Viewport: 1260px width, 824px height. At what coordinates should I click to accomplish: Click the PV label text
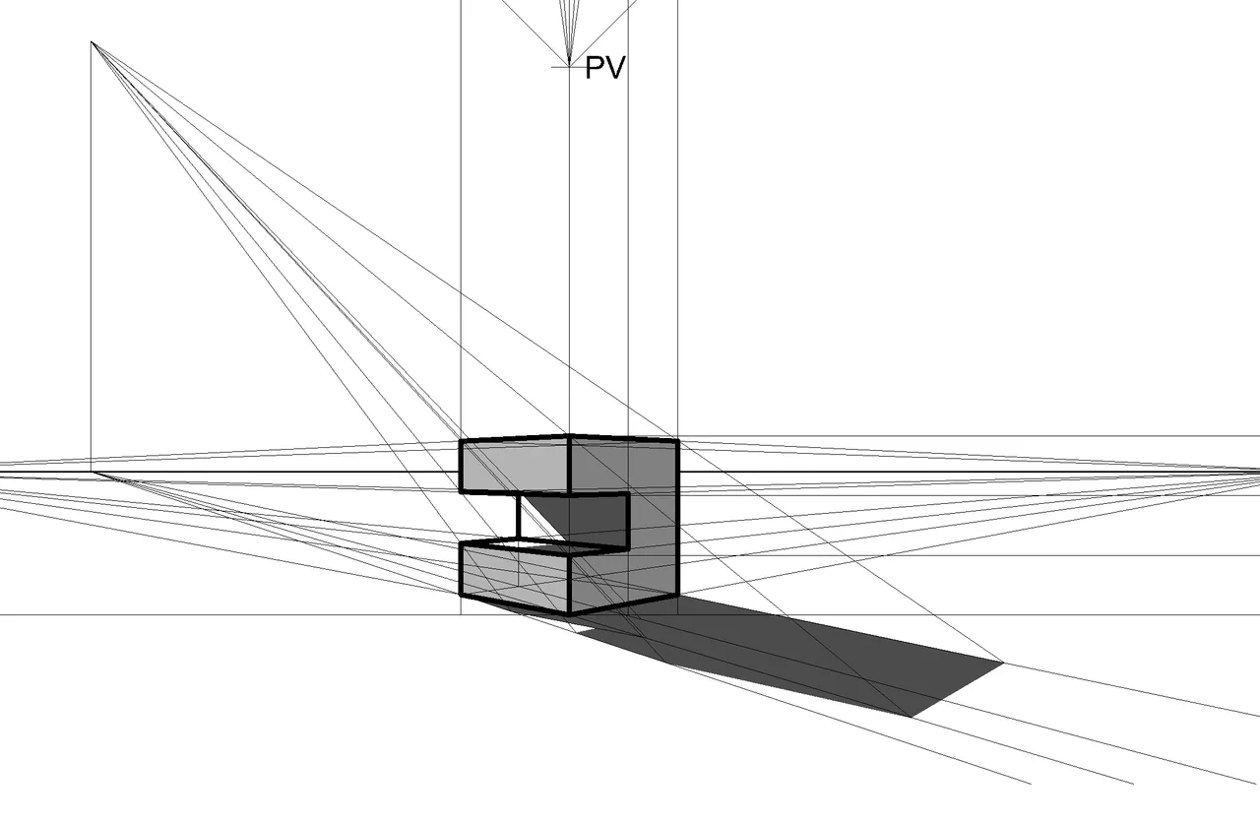(x=605, y=68)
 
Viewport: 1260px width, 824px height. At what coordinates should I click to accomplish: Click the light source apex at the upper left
(x=92, y=41)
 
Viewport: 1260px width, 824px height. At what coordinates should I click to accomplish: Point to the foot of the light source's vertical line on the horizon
(x=92, y=472)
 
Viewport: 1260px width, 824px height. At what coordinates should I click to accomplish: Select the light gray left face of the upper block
(x=515, y=466)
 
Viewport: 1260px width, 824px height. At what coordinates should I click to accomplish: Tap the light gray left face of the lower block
(x=515, y=578)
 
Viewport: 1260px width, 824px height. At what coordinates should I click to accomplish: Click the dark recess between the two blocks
(x=585, y=520)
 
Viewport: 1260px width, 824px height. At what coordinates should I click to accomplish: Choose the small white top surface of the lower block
(x=532, y=545)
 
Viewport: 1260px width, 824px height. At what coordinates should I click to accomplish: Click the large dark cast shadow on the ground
(x=787, y=653)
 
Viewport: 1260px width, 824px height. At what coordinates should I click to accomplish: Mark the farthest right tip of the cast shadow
(x=1003, y=664)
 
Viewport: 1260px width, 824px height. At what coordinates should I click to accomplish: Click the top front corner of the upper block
(x=569, y=436)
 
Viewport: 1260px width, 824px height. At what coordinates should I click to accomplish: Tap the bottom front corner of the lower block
(x=569, y=613)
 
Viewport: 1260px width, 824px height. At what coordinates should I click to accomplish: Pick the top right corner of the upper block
(x=678, y=441)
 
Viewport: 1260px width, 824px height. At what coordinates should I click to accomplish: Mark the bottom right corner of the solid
(x=678, y=595)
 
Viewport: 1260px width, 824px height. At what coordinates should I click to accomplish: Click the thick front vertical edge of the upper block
(x=569, y=465)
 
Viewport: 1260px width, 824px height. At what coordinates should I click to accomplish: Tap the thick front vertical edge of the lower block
(x=569, y=584)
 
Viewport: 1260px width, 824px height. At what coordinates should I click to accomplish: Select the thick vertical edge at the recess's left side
(x=519, y=518)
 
